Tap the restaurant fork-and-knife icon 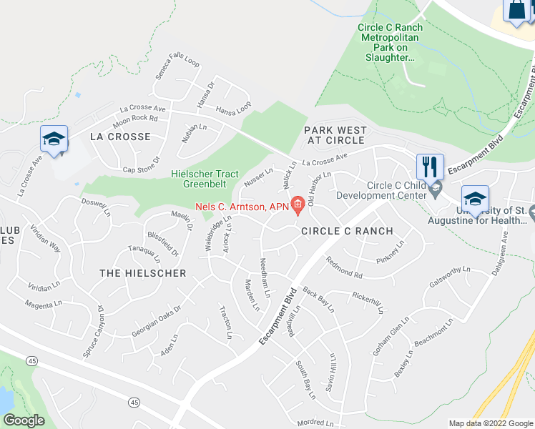pyautogui.click(x=429, y=167)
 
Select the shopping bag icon pyautogui.click(x=516, y=10)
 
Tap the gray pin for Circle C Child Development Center pyautogui.click(x=436, y=187)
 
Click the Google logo pyautogui.click(x=24, y=420)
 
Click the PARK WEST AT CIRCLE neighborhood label pyautogui.click(x=335, y=136)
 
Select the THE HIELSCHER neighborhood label pyautogui.click(x=142, y=273)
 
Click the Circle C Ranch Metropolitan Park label pyautogui.click(x=390, y=42)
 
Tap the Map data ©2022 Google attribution pyautogui.click(x=491, y=423)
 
